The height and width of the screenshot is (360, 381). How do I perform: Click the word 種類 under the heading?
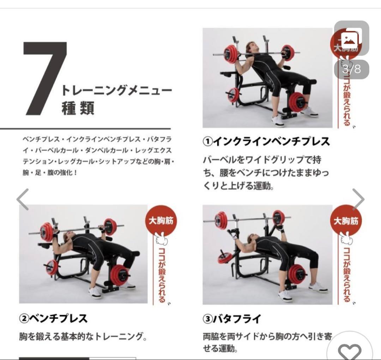pyautogui.click(x=78, y=108)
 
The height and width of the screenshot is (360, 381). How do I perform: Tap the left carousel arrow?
pyautogui.click(x=23, y=200)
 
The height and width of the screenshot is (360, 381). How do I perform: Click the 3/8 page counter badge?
pyautogui.click(x=351, y=69)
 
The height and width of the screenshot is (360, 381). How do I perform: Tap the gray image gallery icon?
pyautogui.click(x=351, y=38)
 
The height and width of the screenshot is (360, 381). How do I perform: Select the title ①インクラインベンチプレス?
pyautogui.click(x=266, y=142)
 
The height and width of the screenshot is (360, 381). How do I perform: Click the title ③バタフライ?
pyautogui.click(x=232, y=319)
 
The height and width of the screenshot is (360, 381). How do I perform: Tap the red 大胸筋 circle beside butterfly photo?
pyautogui.click(x=346, y=221)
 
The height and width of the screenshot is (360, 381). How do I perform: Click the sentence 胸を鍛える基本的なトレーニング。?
pyautogui.click(x=83, y=337)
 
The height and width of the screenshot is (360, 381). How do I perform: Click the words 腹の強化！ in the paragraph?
pyautogui.click(x=60, y=173)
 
